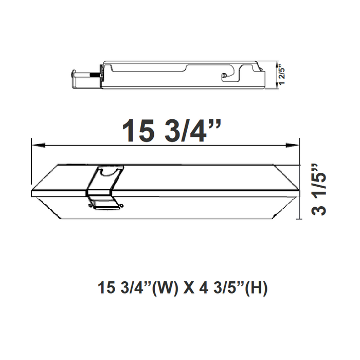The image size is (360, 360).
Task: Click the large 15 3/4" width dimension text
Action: (x=171, y=131)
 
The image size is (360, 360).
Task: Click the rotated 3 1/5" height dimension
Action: (x=319, y=190)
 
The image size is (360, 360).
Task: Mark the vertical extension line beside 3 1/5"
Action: (x=300, y=190)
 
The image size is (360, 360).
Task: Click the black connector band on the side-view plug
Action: (x=96, y=75)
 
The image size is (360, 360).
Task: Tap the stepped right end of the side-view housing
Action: (x=262, y=77)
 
